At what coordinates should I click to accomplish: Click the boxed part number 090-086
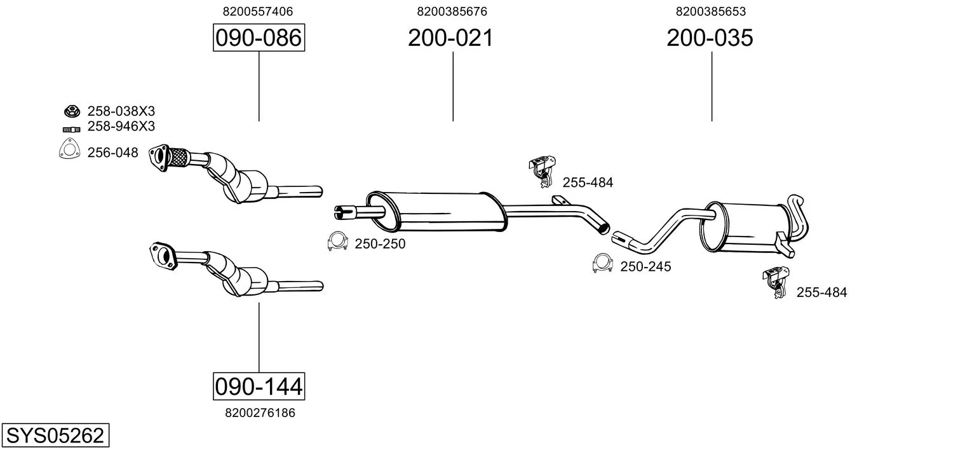259,38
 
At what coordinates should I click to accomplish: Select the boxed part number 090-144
259,387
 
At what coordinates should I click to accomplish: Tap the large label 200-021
450,38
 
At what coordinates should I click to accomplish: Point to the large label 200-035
710,38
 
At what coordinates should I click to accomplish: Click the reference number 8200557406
258,11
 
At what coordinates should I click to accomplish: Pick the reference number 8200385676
452,11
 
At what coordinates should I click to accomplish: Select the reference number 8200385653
711,11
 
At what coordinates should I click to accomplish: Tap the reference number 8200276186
260,413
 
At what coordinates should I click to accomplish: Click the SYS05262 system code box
55,435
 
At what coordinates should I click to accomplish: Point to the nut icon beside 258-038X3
72,111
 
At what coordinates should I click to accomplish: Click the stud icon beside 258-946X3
72,130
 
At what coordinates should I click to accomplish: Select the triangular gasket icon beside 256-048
69,149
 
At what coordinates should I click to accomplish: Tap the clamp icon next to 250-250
337,242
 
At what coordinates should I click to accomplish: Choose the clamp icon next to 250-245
602,263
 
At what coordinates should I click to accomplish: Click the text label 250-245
645,266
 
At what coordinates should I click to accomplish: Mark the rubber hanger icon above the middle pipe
543,171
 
